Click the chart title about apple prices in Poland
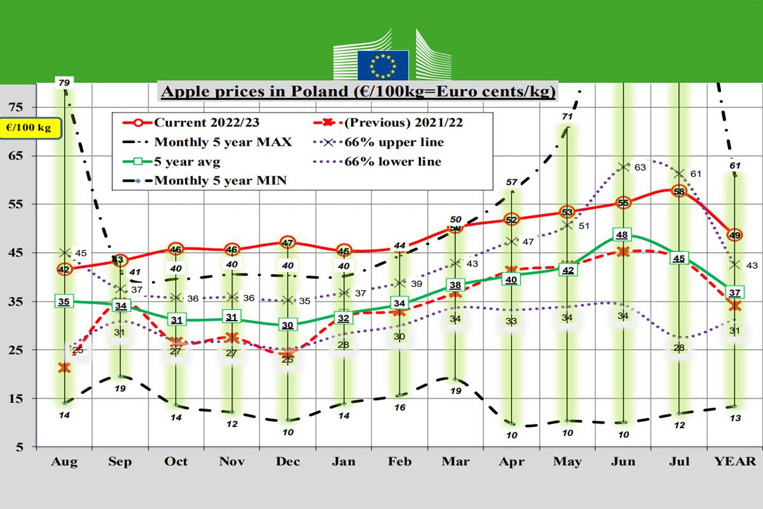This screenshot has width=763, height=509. pos(358,91)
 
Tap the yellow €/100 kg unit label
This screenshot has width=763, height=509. pos(29,128)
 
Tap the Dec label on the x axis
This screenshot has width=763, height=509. pos(287,461)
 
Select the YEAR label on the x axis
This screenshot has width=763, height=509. pos(735,461)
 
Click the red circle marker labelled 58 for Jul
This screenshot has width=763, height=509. pos(679,191)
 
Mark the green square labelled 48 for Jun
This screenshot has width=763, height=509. pos(623,235)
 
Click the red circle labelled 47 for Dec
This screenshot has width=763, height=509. pos(287,242)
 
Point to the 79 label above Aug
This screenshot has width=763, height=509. pos(64,82)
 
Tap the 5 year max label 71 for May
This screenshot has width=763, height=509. pos(568,117)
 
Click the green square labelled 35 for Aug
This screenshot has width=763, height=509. pos(64,302)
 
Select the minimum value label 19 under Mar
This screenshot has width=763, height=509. pos(455,391)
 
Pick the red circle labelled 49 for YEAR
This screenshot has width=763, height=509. pos(735,235)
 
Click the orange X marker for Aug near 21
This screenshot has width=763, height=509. pos(64,367)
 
